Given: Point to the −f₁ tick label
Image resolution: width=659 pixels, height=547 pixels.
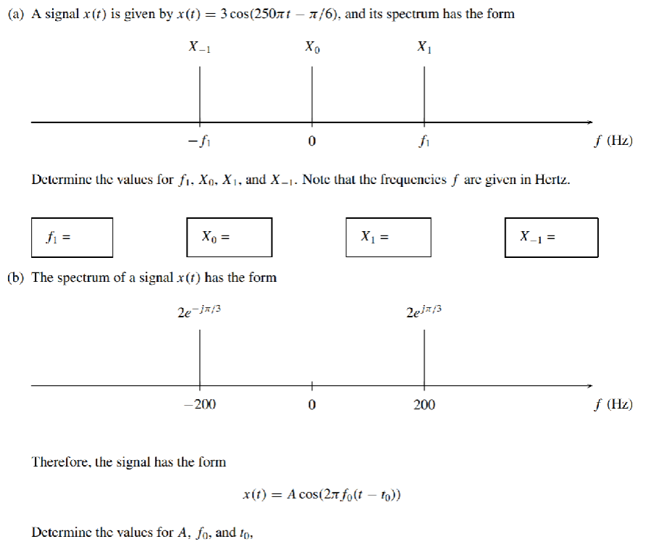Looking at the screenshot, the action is click(199, 141).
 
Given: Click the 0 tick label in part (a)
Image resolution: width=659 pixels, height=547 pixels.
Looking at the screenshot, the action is click(312, 141).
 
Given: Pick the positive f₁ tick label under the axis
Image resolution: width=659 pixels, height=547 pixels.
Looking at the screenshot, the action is click(424, 141).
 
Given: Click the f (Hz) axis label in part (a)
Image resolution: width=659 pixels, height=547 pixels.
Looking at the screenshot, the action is click(612, 141).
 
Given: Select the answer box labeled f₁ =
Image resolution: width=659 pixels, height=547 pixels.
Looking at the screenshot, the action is click(72, 237).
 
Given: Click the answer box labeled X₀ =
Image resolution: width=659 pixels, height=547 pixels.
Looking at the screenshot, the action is click(229, 237).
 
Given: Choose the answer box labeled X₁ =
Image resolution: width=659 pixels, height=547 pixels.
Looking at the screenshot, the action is click(388, 237).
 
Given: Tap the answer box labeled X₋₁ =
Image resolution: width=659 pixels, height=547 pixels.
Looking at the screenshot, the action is click(551, 237).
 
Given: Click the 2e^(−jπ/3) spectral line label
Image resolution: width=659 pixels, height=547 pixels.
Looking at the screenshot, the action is click(199, 312).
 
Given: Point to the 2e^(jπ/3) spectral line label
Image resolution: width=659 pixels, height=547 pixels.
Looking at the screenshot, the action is click(424, 312).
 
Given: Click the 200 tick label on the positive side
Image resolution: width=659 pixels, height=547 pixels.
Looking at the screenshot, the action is click(424, 405).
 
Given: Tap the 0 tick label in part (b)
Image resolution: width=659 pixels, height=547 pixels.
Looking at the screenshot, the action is click(312, 405).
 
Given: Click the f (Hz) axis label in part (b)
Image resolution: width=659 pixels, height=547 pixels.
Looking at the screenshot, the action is click(612, 404).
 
